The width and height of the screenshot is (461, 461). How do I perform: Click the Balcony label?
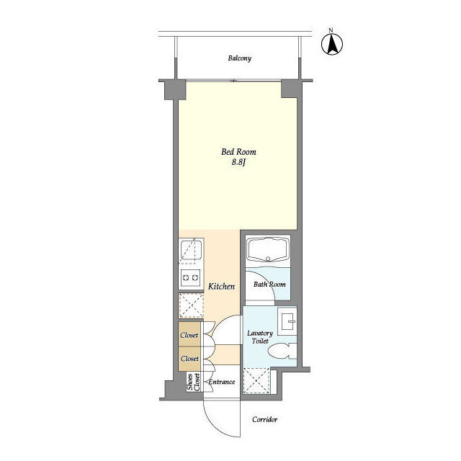(240, 58)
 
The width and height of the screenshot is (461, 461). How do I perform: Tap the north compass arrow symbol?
(332, 45)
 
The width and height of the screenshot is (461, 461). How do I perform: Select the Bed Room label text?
(238, 152)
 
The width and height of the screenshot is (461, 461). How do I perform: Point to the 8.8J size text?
(238, 162)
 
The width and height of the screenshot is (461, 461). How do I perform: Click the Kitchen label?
(221, 287)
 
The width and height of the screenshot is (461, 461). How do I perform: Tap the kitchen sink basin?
(191, 250)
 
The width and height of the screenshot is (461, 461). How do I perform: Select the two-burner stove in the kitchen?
(191, 277)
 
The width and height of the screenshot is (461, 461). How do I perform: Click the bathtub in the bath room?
(267, 249)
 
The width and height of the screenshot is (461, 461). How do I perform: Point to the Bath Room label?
(269, 285)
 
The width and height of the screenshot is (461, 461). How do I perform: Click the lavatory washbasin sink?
(287, 321)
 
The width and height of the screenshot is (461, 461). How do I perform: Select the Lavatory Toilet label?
(260, 337)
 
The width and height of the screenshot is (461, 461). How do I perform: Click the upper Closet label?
(189, 335)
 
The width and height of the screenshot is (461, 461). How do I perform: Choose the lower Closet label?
(189, 359)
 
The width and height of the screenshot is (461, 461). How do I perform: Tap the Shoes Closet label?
(194, 382)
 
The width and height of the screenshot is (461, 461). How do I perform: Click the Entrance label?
(222, 382)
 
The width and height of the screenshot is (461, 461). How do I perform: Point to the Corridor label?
(264, 419)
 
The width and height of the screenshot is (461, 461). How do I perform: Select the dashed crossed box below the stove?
(191, 305)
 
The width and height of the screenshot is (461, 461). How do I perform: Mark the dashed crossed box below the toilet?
(256, 381)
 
